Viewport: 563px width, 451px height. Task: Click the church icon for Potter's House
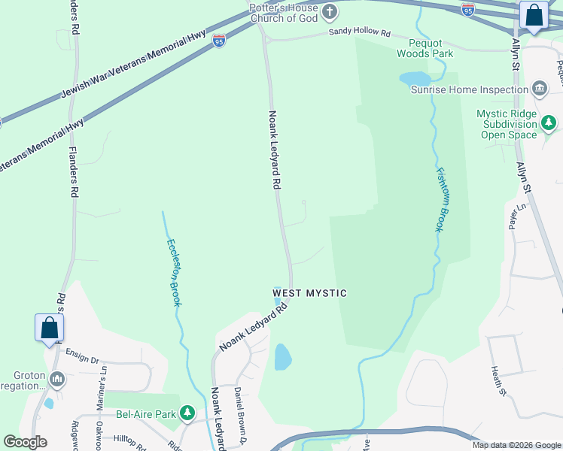[x=329, y=11]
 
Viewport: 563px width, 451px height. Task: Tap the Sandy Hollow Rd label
[x=360, y=34]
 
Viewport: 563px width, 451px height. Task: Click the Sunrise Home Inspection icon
[x=539, y=89]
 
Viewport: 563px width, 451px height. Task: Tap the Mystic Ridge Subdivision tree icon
[x=549, y=122]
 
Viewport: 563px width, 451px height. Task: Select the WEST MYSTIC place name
[x=309, y=293]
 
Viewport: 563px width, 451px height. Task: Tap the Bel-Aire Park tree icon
[x=187, y=413]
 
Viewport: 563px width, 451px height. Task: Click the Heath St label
[x=497, y=380]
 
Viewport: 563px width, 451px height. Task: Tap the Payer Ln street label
[x=516, y=216]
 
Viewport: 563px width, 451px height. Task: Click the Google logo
[x=25, y=442]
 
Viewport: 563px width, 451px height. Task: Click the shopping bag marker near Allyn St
[x=534, y=16]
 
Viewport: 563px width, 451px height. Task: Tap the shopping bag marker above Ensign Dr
[x=49, y=328]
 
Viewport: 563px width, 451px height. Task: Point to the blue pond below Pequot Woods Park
[x=415, y=78]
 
